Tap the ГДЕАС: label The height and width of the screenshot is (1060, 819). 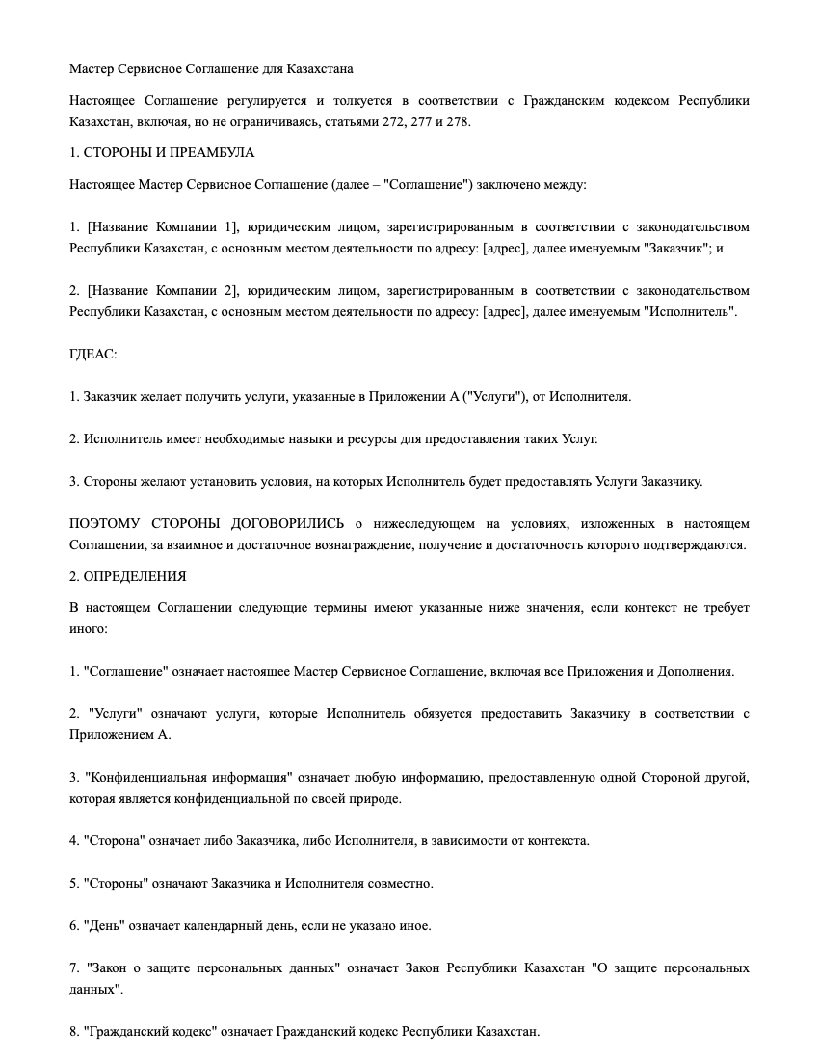click(x=93, y=354)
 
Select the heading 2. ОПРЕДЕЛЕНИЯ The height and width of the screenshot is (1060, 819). click(x=128, y=576)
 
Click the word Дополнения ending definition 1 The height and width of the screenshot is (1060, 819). click(x=695, y=671)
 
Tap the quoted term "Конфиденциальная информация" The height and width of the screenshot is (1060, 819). click(x=188, y=777)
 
